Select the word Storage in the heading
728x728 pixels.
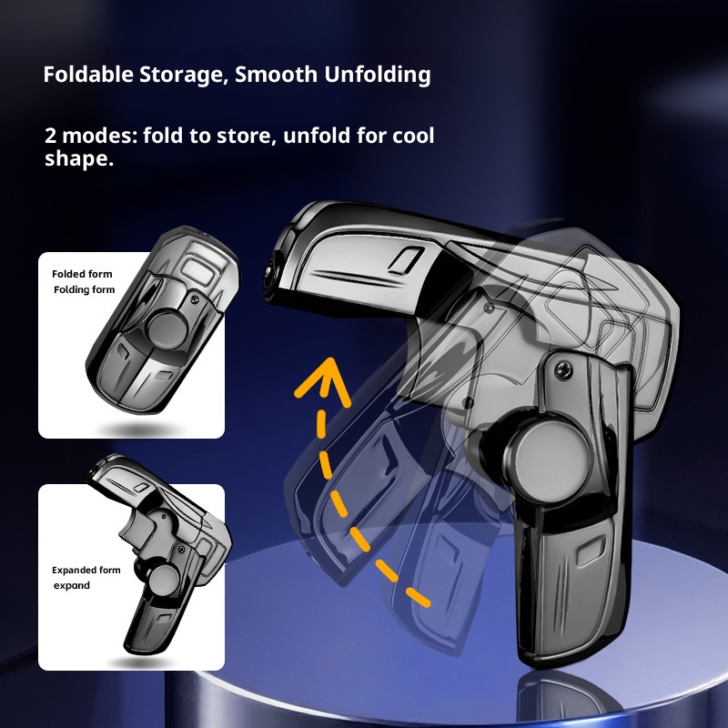[x=180, y=75]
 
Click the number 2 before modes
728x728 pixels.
[x=49, y=136]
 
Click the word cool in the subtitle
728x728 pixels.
[x=414, y=136]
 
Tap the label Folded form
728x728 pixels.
[x=82, y=273]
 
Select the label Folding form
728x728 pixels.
[x=85, y=289]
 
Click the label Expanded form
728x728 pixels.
[x=86, y=570]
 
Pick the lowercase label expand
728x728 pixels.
[x=71, y=585]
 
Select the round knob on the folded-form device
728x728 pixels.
[x=170, y=325]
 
